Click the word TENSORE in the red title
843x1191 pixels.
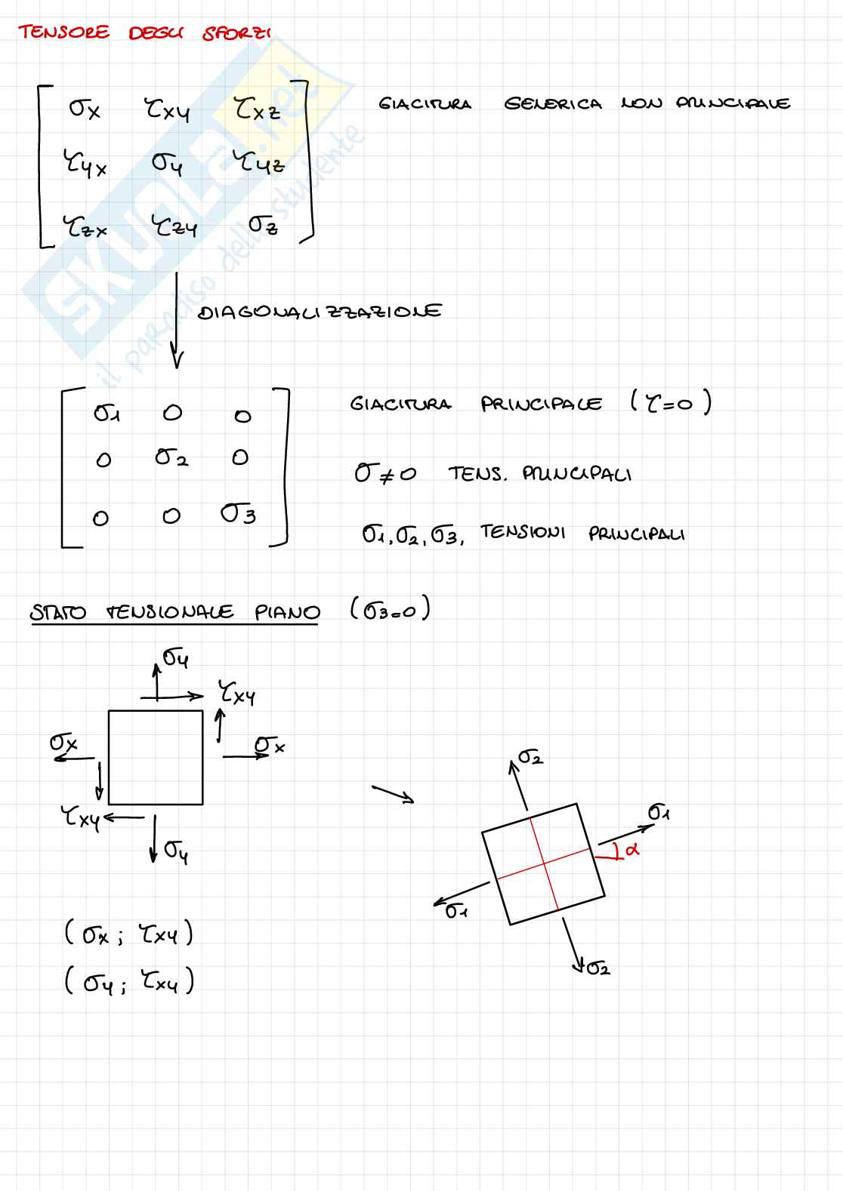coord(64,32)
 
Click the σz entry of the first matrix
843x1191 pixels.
coord(264,224)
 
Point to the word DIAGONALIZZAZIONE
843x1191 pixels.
coord(320,312)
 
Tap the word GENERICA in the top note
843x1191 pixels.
coord(553,104)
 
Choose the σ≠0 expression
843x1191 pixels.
coord(384,474)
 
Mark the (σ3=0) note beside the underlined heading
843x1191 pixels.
coord(390,608)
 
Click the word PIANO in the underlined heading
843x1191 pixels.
coord(287,612)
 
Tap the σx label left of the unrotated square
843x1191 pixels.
coord(63,743)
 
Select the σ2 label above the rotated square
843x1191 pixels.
coord(530,756)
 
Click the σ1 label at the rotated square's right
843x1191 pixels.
coord(659,812)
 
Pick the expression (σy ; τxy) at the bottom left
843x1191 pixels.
coord(129,982)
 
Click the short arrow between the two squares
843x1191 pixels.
coord(393,794)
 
